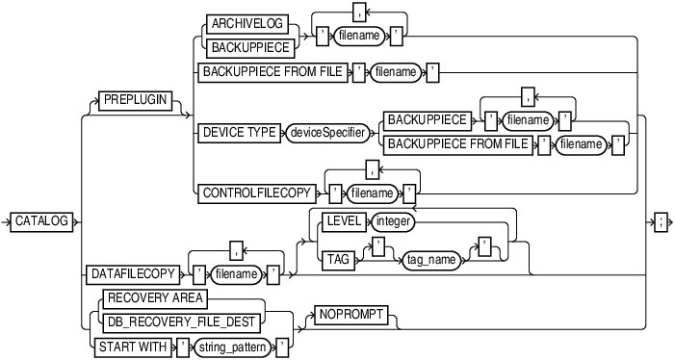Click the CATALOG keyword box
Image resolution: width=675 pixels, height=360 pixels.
click(x=42, y=221)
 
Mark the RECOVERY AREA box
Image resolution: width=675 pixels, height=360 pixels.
click(x=149, y=296)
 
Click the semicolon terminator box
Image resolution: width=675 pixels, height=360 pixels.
click(x=661, y=221)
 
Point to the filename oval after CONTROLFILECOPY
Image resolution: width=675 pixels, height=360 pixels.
click(x=371, y=193)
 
